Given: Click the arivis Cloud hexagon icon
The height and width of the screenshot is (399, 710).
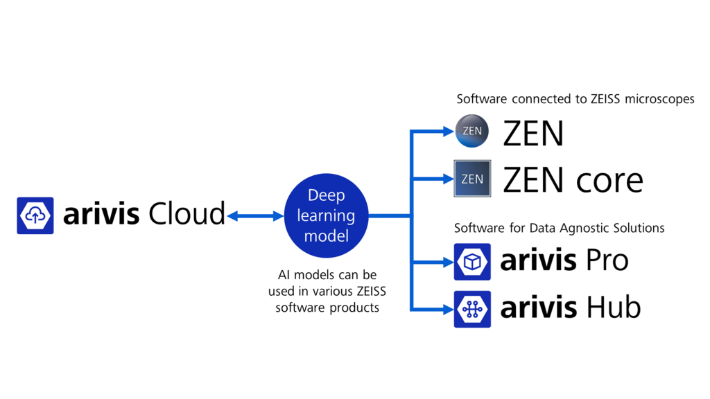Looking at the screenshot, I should coord(35,215).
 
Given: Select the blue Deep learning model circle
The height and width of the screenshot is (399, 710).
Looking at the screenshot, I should coord(326,216).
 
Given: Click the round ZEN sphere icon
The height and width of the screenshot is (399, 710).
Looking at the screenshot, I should coord(472,132).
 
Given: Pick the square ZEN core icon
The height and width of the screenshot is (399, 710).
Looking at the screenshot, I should coord(472,179).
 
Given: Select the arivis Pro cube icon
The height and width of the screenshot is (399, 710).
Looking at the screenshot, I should coord(472,262).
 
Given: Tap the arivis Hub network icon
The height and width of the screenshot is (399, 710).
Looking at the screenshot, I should coord(472,309).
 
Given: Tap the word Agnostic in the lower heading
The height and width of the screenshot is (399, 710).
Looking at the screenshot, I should coord(582,228).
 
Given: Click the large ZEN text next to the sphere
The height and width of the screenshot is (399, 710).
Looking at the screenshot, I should coord(533,134).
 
